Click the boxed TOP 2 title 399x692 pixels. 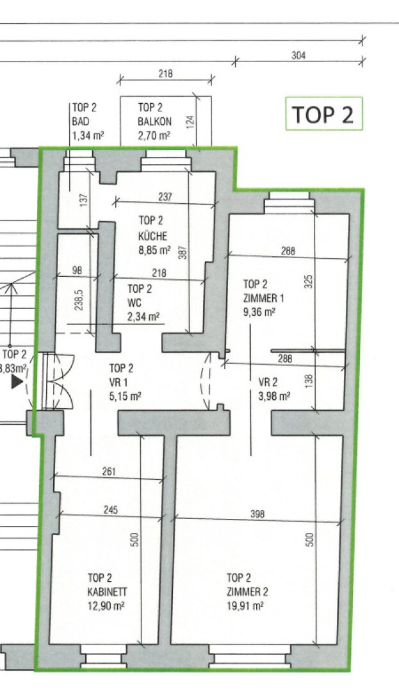pos(323,114)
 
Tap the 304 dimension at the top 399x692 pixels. pos(298,56)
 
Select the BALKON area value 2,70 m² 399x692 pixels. pos(154,135)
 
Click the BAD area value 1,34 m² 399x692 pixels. pos(88,135)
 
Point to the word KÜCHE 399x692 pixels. pos(153,236)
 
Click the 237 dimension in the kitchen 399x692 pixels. pos(165,197)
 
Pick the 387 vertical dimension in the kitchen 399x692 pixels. pos(184,252)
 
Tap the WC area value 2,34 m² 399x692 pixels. pos(143,317)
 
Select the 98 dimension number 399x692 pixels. pos(77,270)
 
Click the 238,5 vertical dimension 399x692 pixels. pos(79,300)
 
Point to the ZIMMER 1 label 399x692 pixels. pos(264,298)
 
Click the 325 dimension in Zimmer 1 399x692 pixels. pos(309,281)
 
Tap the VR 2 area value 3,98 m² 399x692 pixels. pos(274,396)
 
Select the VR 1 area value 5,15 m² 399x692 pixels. pos(126,396)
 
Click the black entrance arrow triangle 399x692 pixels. pos(17,382)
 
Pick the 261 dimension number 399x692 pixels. pos(109,472)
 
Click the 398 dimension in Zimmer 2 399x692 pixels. pos(257,514)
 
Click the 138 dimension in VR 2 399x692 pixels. pos(309,379)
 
